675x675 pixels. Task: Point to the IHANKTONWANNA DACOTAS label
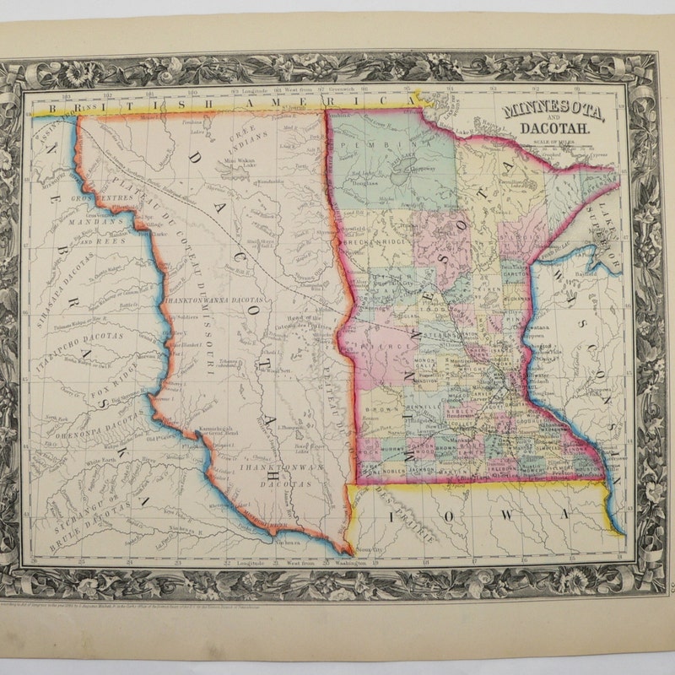(x=227, y=300)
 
